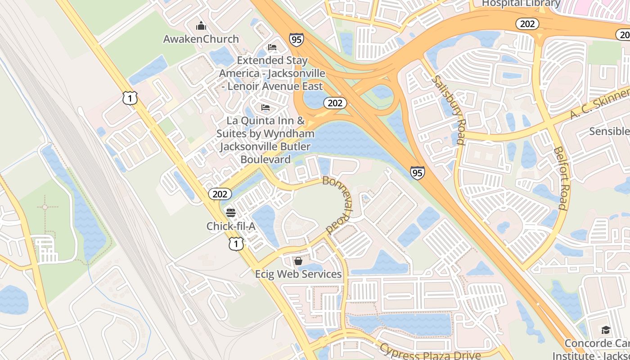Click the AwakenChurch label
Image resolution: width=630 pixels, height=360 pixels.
pos(201,39)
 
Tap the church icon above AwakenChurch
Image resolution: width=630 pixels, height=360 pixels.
pos(201,25)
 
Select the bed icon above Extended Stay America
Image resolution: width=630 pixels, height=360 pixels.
pos(272,47)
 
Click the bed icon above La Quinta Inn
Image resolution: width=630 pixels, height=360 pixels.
pos(265,108)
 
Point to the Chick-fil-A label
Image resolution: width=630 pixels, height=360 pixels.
pos(231,226)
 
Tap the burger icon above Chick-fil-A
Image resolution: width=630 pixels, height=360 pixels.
pos(231,212)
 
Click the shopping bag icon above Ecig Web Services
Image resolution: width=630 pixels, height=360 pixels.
pos(298,261)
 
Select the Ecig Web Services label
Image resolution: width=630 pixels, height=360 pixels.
pos(298,274)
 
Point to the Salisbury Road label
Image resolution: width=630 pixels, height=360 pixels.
pos(448,110)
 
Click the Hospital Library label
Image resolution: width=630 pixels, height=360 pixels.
pos(521,4)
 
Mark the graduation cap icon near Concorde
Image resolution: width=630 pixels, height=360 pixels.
pos(606,330)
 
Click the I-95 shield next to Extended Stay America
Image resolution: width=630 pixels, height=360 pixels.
pos(296,40)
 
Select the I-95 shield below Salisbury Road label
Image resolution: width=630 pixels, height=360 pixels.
pos(417,173)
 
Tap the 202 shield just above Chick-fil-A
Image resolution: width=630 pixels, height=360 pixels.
pos(220,194)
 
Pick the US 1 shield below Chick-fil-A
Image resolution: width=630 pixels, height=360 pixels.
pos(236,244)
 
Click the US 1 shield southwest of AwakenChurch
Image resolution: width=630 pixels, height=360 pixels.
pos(130,98)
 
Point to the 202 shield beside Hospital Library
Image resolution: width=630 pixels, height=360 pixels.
pos(527,24)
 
